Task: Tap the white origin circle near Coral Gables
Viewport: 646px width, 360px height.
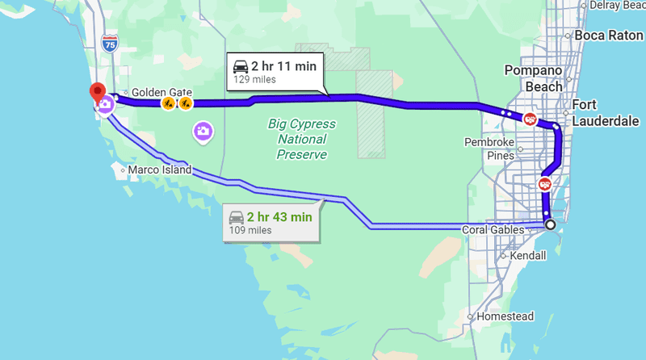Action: (x=550, y=224)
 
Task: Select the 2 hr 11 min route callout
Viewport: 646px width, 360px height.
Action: (x=275, y=71)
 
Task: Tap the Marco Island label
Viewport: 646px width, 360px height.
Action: (x=159, y=170)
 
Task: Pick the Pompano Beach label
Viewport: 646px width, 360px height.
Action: (x=532, y=77)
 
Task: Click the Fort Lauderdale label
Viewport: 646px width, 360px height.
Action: (x=606, y=113)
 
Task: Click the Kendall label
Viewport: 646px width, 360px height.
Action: (x=528, y=255)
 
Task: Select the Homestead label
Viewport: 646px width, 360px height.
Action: (x=505, y=316)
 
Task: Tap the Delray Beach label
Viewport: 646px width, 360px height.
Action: (x=615, y=5)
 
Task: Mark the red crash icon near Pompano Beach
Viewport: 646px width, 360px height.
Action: (x=531, y=119)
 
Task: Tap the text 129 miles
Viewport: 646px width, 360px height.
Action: (x=254, y=80)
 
